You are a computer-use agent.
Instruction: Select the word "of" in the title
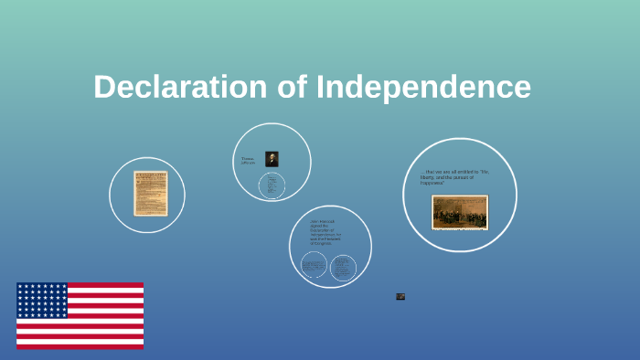291,88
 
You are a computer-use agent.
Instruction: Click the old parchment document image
150,193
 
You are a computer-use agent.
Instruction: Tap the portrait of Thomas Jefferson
272,159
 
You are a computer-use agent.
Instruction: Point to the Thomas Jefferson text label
248,160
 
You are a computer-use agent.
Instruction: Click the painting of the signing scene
460,212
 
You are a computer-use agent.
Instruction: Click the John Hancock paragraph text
325,232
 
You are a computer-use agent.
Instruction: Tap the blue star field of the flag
42,300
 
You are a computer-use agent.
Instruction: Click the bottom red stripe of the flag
80,345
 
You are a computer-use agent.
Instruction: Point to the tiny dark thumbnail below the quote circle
400,296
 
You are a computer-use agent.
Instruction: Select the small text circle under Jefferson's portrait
272,185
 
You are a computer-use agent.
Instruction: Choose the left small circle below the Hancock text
314,266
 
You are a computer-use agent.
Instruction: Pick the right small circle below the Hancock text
343,267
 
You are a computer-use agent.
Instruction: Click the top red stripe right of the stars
105,285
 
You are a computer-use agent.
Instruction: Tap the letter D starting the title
104,88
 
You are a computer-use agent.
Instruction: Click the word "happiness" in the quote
432,183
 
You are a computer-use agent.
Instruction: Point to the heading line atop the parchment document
150,175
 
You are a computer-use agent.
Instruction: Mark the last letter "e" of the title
522,89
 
